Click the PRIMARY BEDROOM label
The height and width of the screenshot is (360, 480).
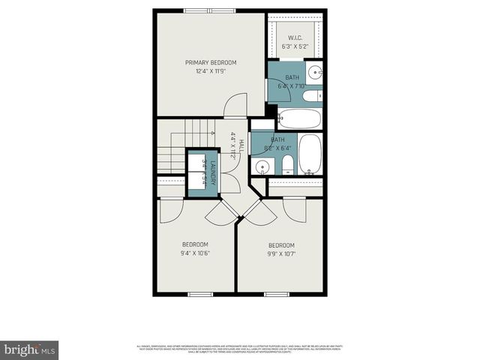211,62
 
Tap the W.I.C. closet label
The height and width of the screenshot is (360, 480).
295,37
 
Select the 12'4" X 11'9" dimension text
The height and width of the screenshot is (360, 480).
211,71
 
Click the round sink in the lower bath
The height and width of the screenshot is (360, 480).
262,166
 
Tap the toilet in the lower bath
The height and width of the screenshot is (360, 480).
286,166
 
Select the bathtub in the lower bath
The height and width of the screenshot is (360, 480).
310,154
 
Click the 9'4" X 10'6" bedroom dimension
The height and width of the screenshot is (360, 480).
195,253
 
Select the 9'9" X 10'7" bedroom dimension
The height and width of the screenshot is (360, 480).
281,254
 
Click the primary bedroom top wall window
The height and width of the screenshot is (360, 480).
211,10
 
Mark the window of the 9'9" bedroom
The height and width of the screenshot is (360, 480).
277,294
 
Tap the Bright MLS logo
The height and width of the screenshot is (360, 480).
29,349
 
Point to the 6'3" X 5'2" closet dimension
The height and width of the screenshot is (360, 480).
295,46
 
